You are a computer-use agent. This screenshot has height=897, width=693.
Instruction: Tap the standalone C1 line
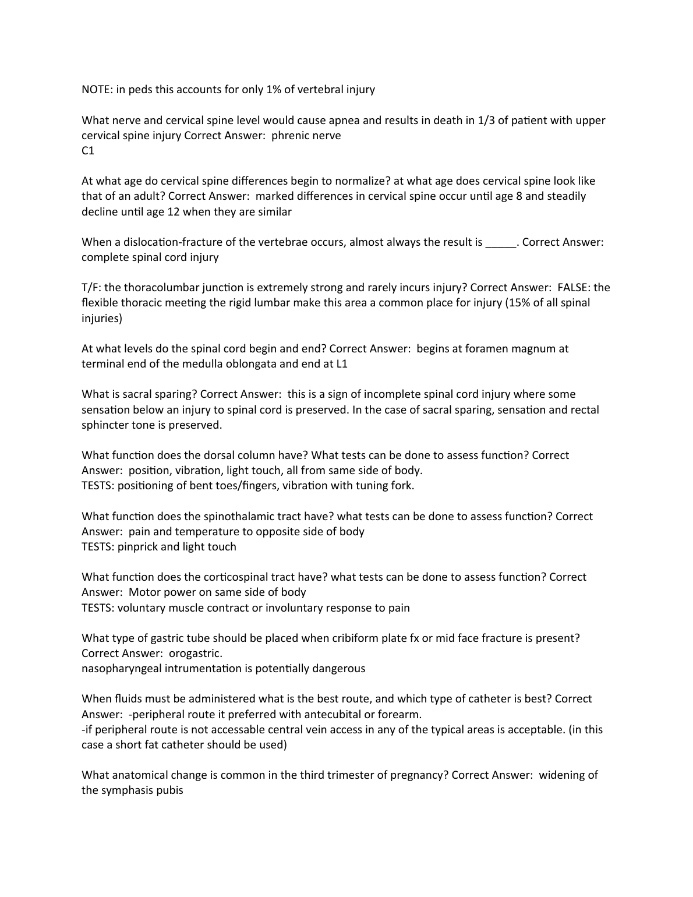click(x=88, y=151)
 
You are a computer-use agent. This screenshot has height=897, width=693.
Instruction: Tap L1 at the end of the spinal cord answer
click(x=342, y=364)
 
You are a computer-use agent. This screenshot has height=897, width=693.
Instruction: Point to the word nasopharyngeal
click(x=122, y=669)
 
